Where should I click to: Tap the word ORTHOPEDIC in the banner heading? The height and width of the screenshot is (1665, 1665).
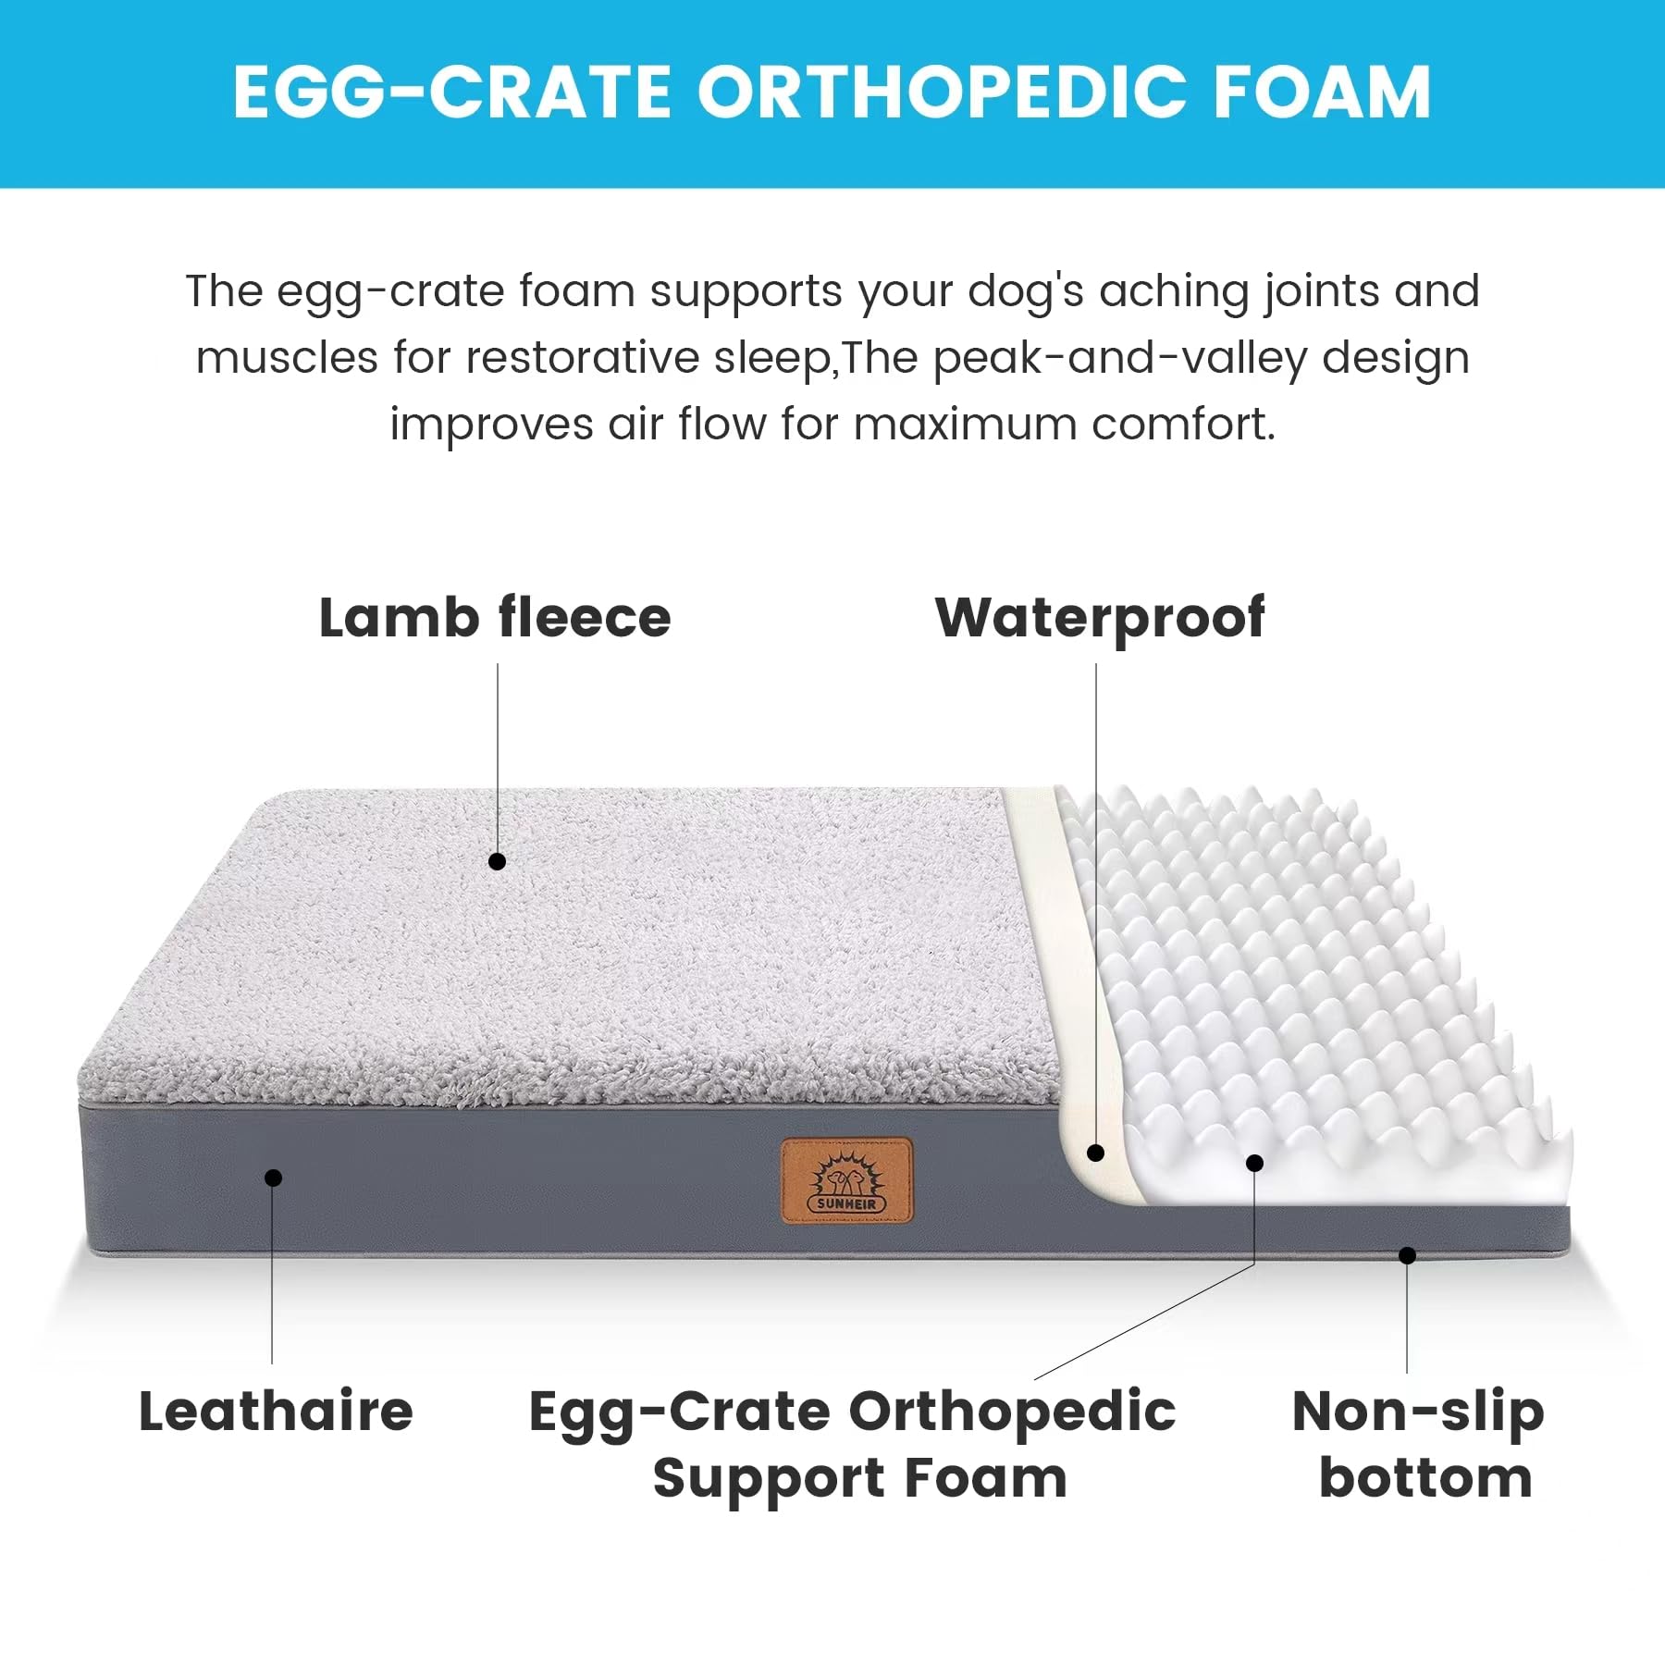tap(941, 92)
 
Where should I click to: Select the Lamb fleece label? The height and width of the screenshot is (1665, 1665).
tap(495, 618)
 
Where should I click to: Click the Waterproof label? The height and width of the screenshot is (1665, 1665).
tap(1100, 618)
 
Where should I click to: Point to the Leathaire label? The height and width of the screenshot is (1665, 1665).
tap(276, 1412)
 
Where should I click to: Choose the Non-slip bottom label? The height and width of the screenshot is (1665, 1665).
tap(1419, 1444)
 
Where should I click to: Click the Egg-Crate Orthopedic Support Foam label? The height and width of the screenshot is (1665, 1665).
tap(853, 1444)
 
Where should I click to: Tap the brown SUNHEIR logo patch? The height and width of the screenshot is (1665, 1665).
tap(846, 1181)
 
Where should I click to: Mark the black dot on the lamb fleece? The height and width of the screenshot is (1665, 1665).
tap(497, 861)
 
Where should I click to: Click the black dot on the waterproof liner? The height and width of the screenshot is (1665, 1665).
tap(1096, 1153)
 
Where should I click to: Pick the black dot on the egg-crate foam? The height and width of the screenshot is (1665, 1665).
tap(1254, 1163)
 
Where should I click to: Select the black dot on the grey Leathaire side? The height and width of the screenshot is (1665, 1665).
tap(273, 1178)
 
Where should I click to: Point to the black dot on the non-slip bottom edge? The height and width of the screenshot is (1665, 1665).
tap(1407, 1255)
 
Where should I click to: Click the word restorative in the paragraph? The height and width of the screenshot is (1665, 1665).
tap(582, 359)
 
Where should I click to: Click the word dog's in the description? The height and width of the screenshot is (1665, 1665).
tap(1025, 292)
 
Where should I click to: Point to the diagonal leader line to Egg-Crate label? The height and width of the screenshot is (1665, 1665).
tap(1144, 1322)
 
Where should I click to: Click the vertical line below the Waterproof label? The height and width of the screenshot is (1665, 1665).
tap(1096, 879)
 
